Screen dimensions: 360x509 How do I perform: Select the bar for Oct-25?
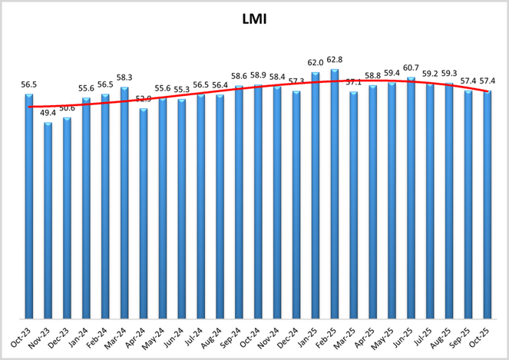(488, 204)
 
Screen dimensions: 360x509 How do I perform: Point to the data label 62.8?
(335, 60)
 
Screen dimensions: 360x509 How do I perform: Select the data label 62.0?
(316, 63)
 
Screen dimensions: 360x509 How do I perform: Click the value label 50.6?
(67, 109)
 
